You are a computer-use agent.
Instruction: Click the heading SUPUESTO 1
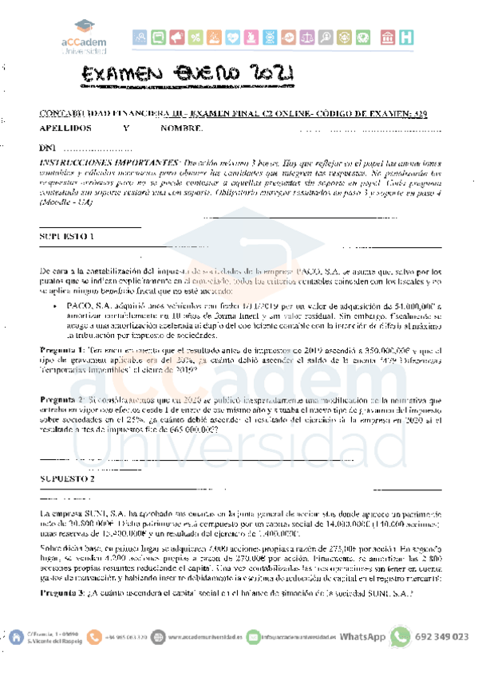pos(66,237)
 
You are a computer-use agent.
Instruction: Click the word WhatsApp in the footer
pos(362,637)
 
